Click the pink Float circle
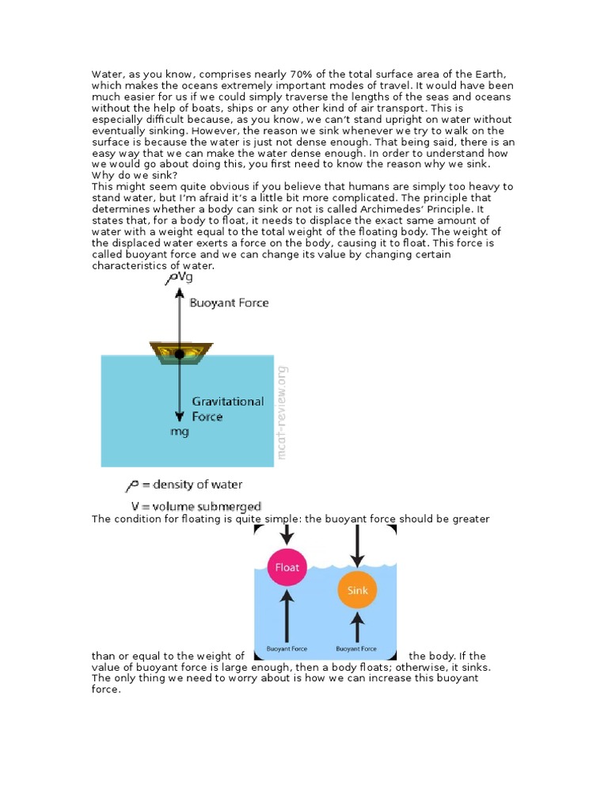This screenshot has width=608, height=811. [x=286, y=567]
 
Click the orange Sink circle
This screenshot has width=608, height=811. [x=357, y=591]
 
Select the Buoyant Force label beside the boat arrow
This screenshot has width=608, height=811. [x=228, y=303]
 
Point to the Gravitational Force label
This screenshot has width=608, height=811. [x=227, y=409]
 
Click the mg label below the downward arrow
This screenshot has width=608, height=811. [x=180, y=432]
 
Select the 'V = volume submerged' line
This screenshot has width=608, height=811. [x=196, y=506]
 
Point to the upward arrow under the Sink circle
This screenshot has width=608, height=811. [x=357, y=629]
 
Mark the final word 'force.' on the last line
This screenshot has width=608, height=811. [x=106, y=690]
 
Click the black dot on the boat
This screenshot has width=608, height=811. [x=180, y=354]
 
